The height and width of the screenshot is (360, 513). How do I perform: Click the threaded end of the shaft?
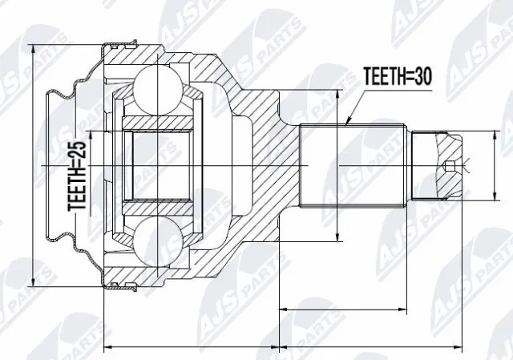coord(437,166)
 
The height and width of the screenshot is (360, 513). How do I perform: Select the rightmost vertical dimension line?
coord(492,166)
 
